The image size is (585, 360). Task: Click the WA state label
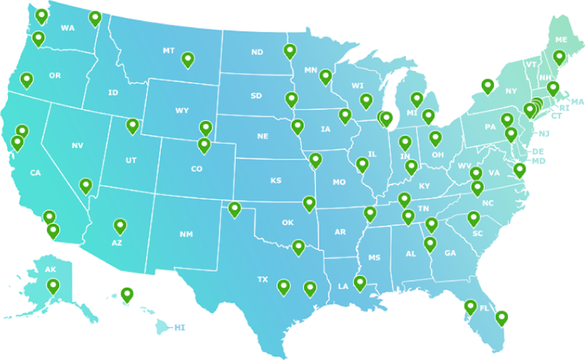(68, 28)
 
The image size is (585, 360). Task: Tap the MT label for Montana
(169, 51)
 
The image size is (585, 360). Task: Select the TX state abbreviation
(262, 279)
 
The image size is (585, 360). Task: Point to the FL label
(484, 309)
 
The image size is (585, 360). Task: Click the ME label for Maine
(561, 40)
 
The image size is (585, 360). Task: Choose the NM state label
(186, 234)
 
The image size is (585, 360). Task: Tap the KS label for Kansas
(276, 180)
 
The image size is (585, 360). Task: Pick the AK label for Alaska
(51, 270)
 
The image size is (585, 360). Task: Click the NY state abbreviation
(510, 91)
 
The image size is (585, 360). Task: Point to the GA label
(450, 253)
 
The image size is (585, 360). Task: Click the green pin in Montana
(187, 59)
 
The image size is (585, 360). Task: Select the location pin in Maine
(559, 57)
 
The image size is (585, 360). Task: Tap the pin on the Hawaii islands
(127, 294)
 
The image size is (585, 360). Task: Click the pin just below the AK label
(53, 286)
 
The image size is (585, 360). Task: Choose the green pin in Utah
(132, 125)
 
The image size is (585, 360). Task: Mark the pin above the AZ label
(120, 225)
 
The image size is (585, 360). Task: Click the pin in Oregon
(26, 79)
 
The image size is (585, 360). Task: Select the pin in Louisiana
(359, 283)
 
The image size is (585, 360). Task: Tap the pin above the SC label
(474, 218)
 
